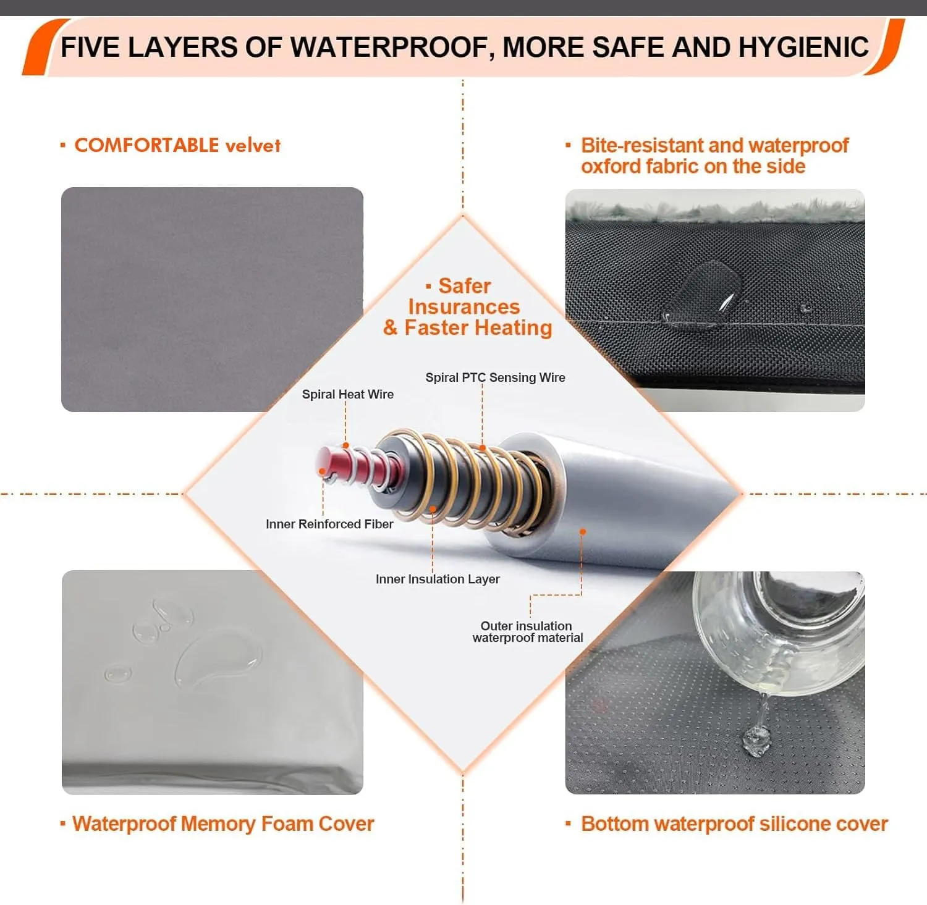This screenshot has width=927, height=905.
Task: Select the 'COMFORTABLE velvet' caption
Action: coord(177,145)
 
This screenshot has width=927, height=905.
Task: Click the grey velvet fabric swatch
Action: coord(212,299)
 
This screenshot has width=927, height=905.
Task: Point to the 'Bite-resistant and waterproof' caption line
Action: coord(715,145)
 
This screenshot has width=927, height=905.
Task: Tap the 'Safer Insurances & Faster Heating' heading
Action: coord(467,306)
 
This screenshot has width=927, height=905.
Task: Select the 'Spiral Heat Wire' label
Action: coord(347,394)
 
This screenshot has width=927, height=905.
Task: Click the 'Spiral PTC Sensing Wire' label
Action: coord(495,377)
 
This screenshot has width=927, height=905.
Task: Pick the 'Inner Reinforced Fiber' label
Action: coord(329,524)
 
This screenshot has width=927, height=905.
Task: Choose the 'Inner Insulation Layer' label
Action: coord(438,579)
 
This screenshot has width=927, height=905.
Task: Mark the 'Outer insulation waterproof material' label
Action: coord(527,632)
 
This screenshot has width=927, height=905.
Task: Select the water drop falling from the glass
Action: coord(757,738)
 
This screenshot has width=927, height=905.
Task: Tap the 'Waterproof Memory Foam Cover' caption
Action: coord(223,824)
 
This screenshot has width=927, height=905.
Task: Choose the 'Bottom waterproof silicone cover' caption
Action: coord(734,824)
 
